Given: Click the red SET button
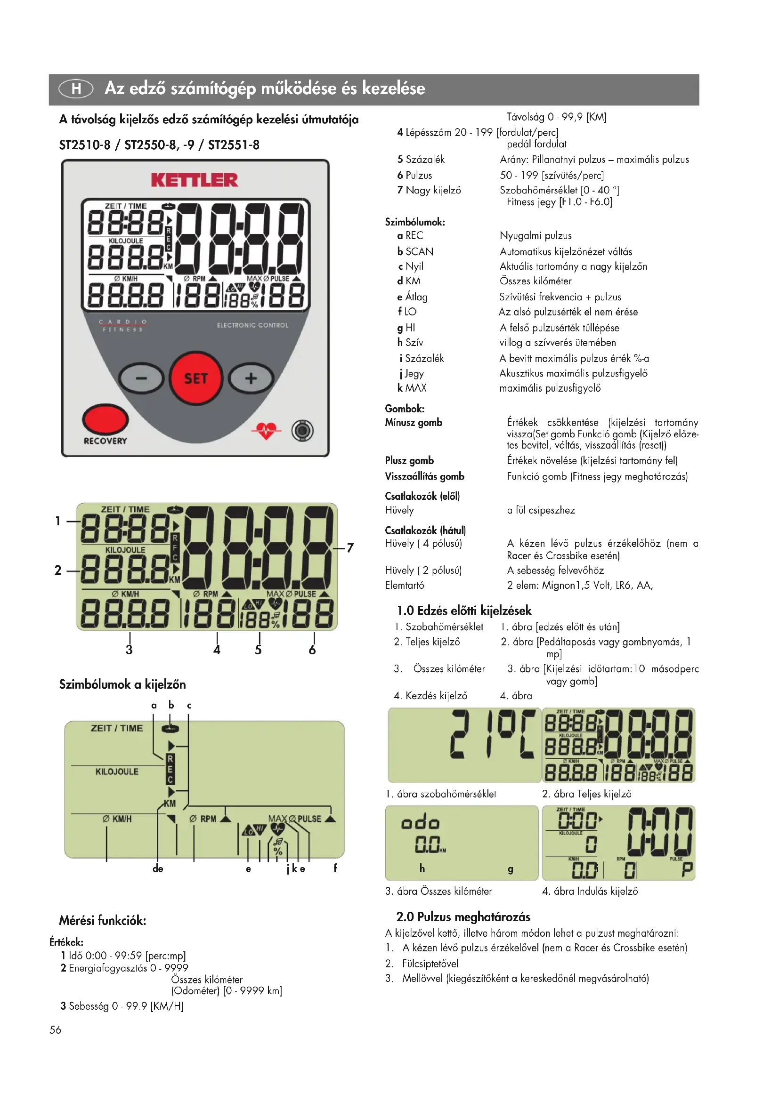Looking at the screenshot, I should pyautogui.click(x=196, y=378).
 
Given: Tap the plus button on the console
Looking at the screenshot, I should pyautogui.click(x=251, y=378).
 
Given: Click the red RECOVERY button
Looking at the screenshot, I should pyautogui.click(x=105, y=419).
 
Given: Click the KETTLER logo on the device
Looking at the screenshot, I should pyautogui.click(x=194, y=180).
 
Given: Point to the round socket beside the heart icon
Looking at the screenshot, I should pyautogui.click(x=302, y=431).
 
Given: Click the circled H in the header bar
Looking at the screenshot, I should pyautogui.click(x=76, y=88).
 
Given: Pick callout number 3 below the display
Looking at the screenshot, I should pyautogui.click(x=129, y=650).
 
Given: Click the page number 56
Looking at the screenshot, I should pyautogui.click(x=55, y=1029).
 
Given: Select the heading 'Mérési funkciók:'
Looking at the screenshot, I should pyautogui.click(x=103, y=920).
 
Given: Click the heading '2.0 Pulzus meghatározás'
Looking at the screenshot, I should pyautogui.click(x=463, y=916).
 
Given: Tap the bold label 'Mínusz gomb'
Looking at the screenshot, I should pyautogui.click(x=414, y=422).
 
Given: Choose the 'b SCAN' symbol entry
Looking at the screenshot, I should pyautogui.click(x=415, y=251).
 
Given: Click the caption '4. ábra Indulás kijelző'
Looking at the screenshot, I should pyautogui.click(x=590, y=891).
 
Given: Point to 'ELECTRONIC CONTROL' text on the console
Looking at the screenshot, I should pyautogui.click(x=253, y=325).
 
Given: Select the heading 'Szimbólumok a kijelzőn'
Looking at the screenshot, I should pyautogui.click(x=122, y=684).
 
